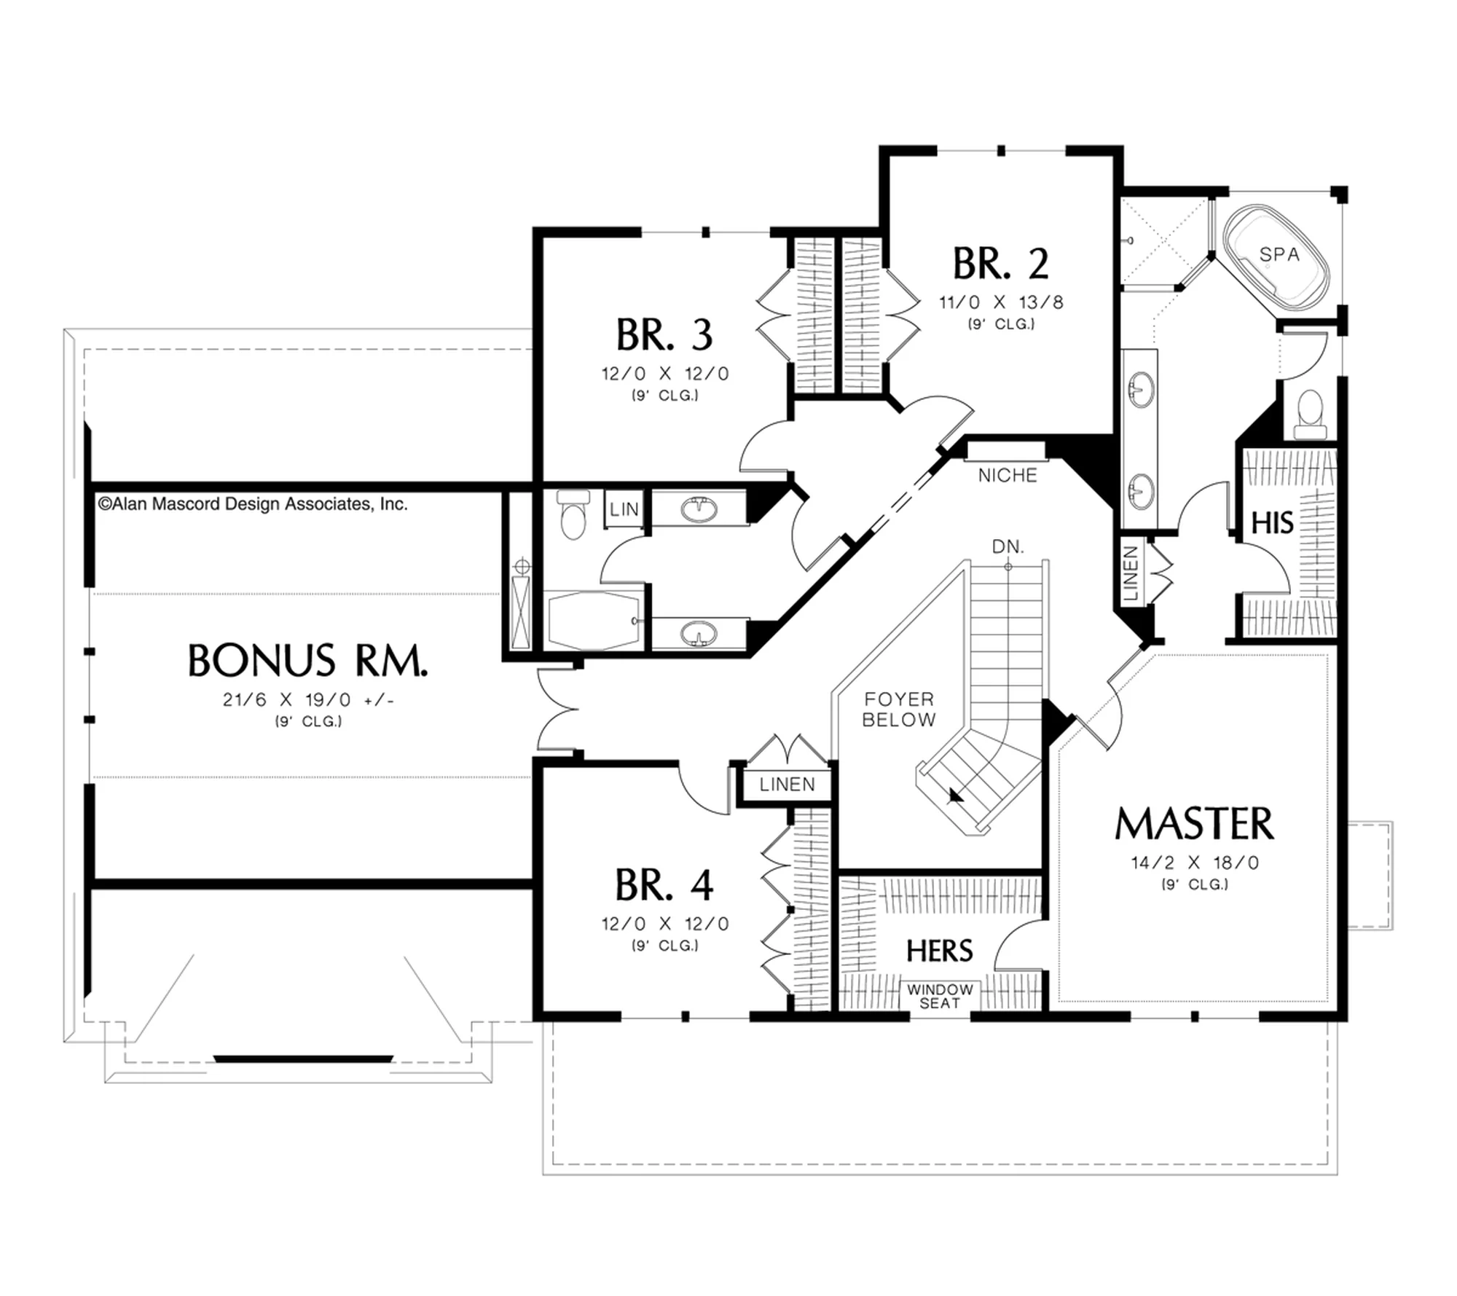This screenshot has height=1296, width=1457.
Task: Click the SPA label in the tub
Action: (x=1279, y=254)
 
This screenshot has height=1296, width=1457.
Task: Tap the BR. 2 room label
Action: (x=1000, y=264)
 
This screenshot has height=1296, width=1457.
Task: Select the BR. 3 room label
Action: (x=664, y=334)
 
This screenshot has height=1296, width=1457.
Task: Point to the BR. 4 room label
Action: (x=664, y=885)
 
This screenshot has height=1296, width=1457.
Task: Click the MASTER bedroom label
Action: (x=1195, y=824)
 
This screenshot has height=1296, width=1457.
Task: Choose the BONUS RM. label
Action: (x=307, y=661)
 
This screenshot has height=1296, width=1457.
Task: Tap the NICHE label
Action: (x=1008, y=476)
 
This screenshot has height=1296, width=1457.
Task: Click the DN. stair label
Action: (x=1008, y=546)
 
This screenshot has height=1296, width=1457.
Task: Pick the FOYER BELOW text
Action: (x=899, y=710)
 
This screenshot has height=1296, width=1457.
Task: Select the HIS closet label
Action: (x=1272, y=522)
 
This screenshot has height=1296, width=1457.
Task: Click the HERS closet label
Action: (x=940, y=951)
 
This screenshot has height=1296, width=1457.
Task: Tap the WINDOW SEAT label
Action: (x=940, y=996)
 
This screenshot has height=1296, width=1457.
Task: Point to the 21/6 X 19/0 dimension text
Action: (x=308, y=700)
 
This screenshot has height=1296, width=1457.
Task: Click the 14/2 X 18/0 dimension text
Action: (x=1195, y=863)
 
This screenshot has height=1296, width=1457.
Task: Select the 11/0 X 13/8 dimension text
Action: (x=1001, y=302)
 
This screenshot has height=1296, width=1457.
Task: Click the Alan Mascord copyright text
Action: (x=253, y=504)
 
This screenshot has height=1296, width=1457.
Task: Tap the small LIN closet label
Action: (x=624, y=510)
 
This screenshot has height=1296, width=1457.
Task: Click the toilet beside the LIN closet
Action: (x=573, y=514)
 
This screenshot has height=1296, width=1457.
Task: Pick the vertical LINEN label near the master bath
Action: (x=1130, y=573)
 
